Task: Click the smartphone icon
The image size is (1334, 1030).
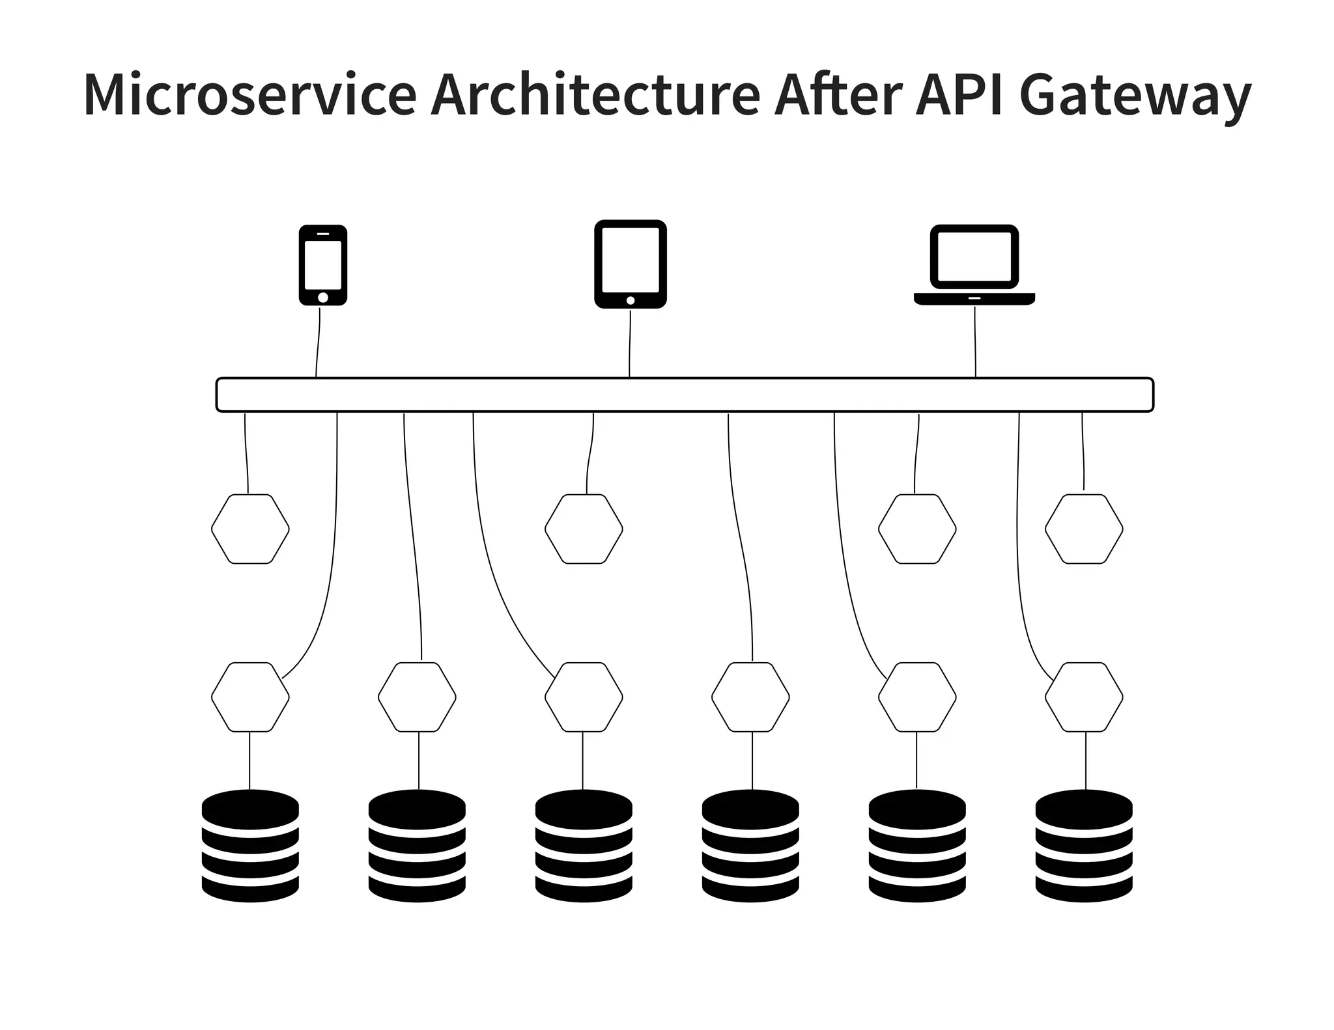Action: [322, 266]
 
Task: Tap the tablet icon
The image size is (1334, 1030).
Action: [630, 264]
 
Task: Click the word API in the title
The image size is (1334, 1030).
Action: [959, 94]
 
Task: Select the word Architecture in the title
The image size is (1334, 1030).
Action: [595, 94]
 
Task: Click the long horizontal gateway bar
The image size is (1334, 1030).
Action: [684, 395]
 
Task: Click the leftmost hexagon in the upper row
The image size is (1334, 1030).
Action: [250, 529]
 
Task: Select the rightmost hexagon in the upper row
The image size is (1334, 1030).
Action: [1084, 529]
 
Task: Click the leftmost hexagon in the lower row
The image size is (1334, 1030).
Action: [250, 697]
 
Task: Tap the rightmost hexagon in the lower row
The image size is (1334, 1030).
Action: [1084, 697]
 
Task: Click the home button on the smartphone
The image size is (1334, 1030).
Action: [322, 297]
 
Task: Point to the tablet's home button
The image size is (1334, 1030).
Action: [630, 300]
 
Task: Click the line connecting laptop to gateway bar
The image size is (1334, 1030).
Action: [975, 342]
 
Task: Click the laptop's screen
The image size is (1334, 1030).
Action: [974, 256]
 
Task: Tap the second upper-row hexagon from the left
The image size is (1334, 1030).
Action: [584, 529]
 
